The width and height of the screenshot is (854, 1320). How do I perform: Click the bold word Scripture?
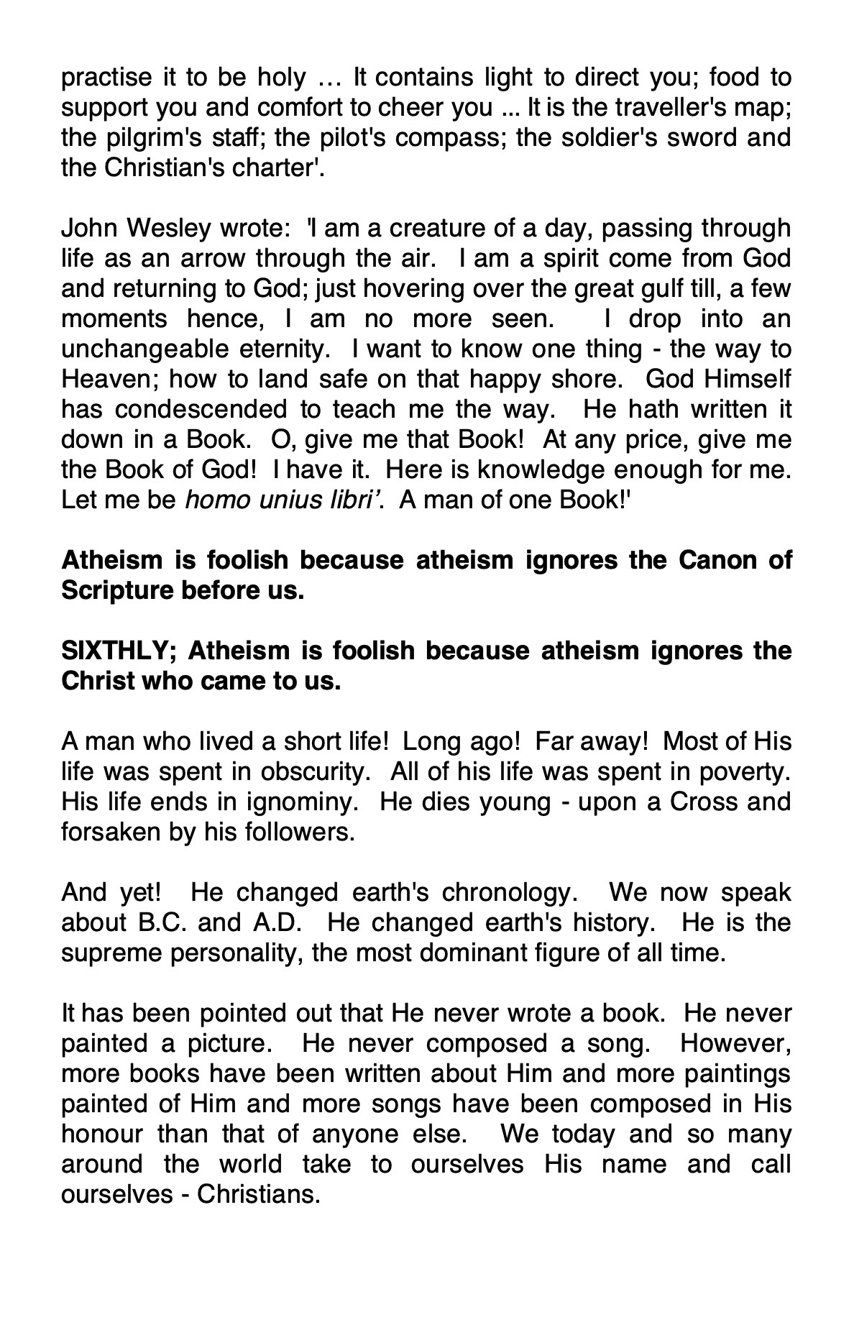coord(116,590)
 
